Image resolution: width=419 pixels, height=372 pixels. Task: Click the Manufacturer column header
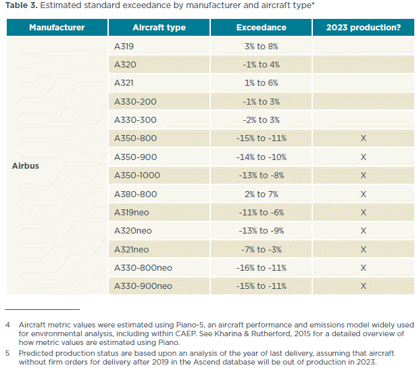pyautogui.click(x=57, y=28)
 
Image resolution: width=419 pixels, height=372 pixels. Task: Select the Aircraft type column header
pyautogui.click(x=159, y=28)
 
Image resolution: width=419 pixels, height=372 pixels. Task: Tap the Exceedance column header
pyautogui.click(x=261, y=28)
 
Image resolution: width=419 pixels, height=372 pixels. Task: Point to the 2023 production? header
pyautogui.click(x=363, y=28)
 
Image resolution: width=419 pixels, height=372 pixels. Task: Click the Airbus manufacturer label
pyautogui.click(x=26, y=166)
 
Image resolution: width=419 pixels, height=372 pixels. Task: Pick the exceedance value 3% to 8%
pyautogui.click(x=261, y=47)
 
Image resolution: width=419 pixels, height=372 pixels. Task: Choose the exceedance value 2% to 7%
pyautogui.click(x=261, y=194)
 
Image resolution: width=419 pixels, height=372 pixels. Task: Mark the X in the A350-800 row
pyautogui.click(x=363, y=138)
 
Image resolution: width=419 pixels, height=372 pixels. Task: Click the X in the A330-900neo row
pyautogui.click(x=363, y=286)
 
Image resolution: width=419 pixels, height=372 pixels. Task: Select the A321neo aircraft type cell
pyautogui.click(x=132, y=249)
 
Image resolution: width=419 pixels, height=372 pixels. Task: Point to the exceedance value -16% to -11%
pyautogui.click(x=261, y=267)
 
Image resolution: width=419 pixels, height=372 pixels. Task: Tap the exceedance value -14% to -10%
pyautogui.click(x=261, y=157)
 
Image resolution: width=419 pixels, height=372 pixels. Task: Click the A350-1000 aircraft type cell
pyautogui.click(x=138, y=176)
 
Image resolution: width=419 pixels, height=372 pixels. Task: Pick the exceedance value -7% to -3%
pyautogui.click(x=261, y=249)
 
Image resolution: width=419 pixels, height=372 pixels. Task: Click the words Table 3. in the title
pyautogui.click(x=21, y=7)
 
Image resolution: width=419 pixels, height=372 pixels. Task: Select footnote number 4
pyautogui.click(x=7, y=324)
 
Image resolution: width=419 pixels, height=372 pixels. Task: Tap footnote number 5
pyautogui.click(x=7, y=352)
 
